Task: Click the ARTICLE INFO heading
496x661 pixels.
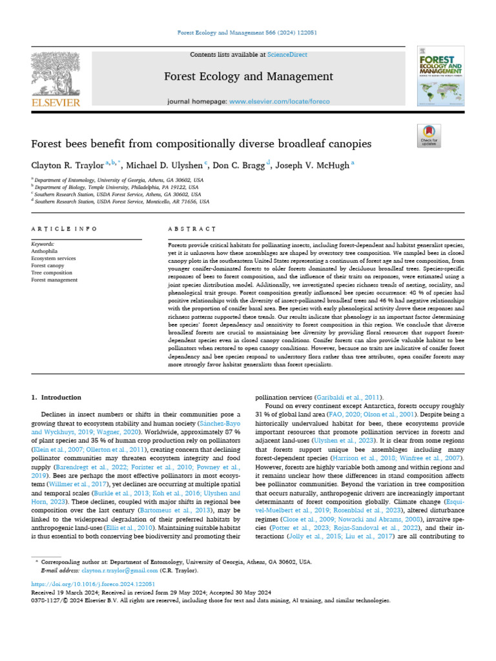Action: [65, 229]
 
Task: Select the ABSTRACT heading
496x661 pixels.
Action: [191, 229]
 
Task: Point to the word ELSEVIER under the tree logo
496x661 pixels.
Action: [56, 103]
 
